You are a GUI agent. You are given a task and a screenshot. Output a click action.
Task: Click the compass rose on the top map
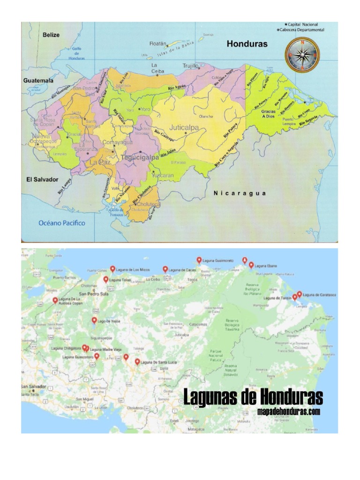coord(302,55)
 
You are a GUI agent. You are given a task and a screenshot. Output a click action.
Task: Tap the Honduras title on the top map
coord(247,44)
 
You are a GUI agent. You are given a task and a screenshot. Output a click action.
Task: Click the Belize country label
coord(52,35)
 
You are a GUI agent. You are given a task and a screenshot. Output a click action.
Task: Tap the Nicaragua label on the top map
coord(240,193)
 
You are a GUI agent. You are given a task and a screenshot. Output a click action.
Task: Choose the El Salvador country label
coord(42,180)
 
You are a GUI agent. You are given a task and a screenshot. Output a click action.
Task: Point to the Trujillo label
coord(191,66)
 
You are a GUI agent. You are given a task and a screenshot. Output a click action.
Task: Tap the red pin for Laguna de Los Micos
coord(112,269)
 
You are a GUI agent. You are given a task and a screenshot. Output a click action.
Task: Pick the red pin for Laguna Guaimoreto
coord(199,260)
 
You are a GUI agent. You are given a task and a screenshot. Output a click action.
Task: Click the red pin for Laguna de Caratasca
coord(299,294)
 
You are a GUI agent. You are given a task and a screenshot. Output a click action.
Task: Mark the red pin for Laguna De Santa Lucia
coord(137,361)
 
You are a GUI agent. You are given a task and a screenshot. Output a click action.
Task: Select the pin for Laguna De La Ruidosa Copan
coord(55,300)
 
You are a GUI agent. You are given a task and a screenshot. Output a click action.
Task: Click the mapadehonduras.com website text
coord(289,412)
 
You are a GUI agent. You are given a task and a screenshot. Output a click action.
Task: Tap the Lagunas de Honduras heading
coord(253,397)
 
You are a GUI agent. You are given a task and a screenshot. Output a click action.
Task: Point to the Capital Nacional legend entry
coord(302,24)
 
